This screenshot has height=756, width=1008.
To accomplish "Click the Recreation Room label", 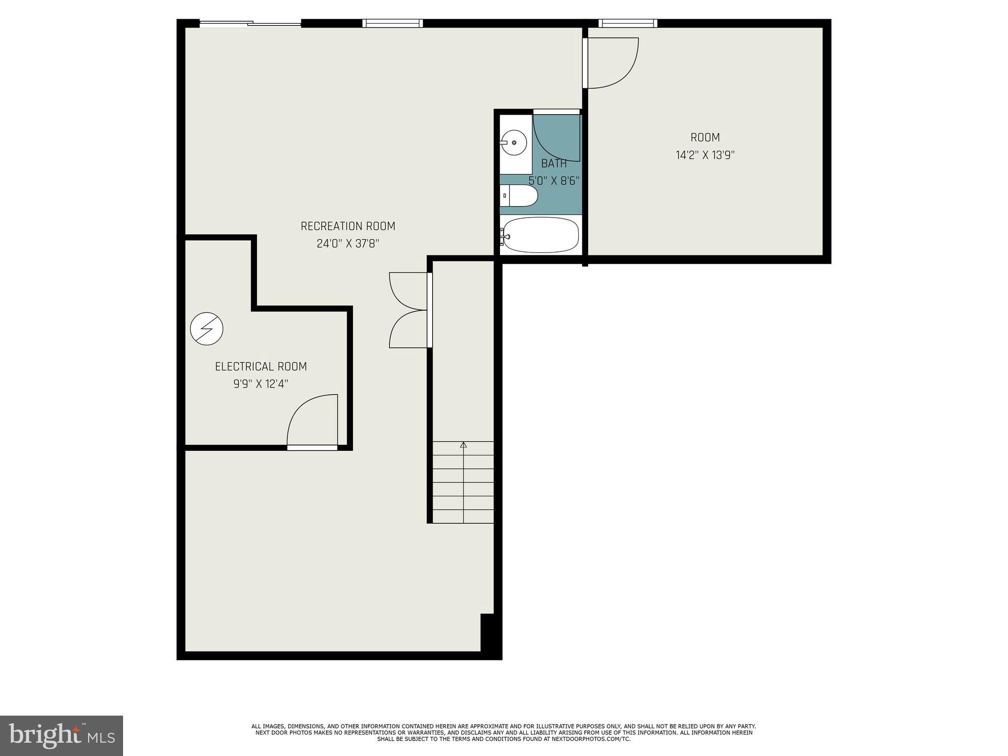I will click(x=347, y=226).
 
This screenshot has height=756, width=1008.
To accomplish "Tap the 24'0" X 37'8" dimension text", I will click(x=347, y=244).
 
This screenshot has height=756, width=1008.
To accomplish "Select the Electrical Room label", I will click(x=261, y=367).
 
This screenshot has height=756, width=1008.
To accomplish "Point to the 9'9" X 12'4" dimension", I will click(x=261, y=384).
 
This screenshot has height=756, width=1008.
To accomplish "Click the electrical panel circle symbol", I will click(x=207, y=328).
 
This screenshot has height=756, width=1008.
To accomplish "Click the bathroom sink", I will click(x=514, y=143).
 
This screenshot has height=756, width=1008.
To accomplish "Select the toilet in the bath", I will click(x=519, y=196).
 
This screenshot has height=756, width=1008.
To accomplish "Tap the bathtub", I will click(x=540, y=235).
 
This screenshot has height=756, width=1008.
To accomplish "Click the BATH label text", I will click(x=554, y=164).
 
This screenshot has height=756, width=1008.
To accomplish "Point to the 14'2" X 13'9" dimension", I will click(x=705, y=156).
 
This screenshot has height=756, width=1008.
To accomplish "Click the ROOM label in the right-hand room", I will click(x=705, y=138).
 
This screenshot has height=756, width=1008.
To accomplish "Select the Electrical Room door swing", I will click(x=312, y=421).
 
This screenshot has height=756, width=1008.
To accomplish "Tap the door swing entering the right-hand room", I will click(x=611, y=63).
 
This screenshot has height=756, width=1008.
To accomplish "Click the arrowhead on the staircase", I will click(x=463, y=445).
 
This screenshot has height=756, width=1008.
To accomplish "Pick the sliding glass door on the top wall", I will click(x=250, y=23).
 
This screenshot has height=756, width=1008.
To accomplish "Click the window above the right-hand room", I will click(x=627, y=23).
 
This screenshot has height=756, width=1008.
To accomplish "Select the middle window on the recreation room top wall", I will click(x=392, y=23).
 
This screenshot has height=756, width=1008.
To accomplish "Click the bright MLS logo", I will click(x=61, y=735).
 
